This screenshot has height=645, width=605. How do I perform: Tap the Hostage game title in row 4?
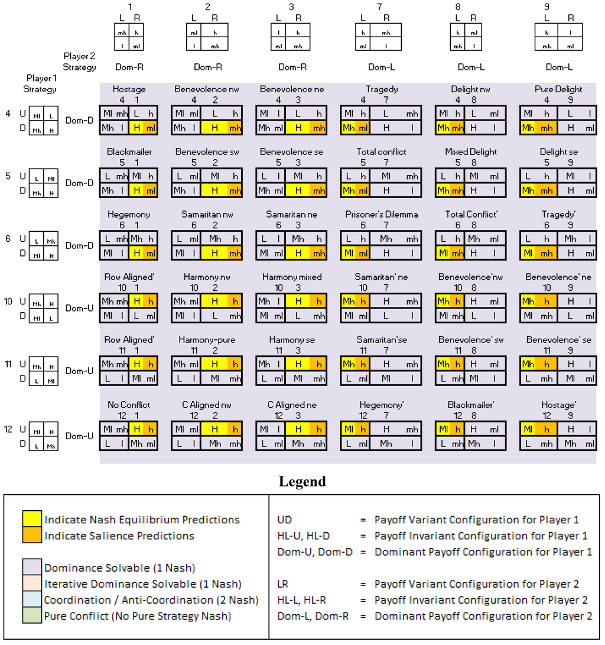tap(129, 89)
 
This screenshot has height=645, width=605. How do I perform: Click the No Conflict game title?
tap(129, 405)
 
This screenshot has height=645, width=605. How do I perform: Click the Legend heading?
tap(302, 482)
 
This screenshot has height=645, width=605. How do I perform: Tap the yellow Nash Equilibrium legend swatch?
tap(32, 520)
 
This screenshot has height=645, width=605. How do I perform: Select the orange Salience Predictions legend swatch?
tap(32, 536)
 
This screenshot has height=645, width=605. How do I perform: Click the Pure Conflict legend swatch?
tap(32, 616)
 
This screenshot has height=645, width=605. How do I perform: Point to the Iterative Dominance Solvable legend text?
tap(143, 584)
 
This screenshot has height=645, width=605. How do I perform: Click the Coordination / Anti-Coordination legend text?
tap(151, 600)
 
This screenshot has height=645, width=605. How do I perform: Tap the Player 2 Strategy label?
tap(80, 61)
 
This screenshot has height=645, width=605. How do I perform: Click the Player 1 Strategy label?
tap(41, 83)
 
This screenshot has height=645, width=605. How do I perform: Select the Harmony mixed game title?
tap(292, 277)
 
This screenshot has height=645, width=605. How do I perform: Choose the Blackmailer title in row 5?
tap(129, 152)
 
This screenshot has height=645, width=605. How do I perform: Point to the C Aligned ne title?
tap(292, 405)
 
